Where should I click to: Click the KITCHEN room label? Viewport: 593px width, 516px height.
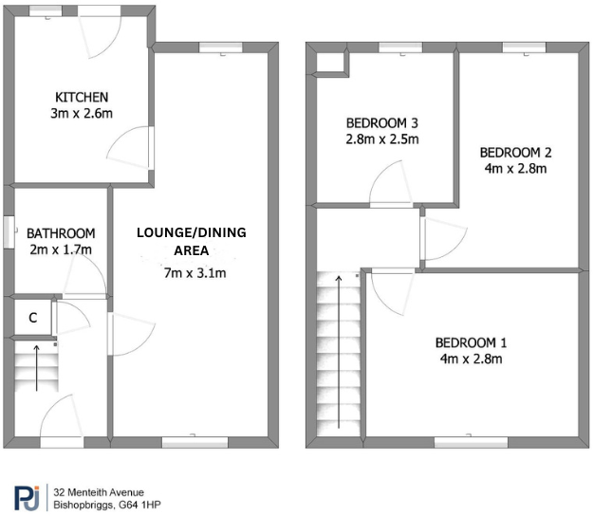82,98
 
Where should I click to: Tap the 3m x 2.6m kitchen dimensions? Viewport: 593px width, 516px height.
82,114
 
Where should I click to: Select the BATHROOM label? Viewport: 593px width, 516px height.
61,233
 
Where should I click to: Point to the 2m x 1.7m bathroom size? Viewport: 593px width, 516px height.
61,249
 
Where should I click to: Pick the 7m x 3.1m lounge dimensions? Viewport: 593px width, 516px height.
195,274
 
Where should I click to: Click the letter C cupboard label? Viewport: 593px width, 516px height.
32,318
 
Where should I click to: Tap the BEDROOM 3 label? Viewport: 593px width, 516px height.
382,122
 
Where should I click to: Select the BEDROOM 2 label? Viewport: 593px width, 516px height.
515,152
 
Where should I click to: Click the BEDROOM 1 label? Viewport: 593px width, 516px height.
472,342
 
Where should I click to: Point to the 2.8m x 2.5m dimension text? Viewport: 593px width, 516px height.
382,138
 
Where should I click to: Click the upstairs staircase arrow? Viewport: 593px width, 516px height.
339,351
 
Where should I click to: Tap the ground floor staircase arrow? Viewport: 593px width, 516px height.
37,369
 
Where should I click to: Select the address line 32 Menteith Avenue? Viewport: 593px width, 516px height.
100,491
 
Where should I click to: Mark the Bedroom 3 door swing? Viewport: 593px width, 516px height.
389,185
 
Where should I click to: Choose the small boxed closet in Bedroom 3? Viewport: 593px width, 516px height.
331,63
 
